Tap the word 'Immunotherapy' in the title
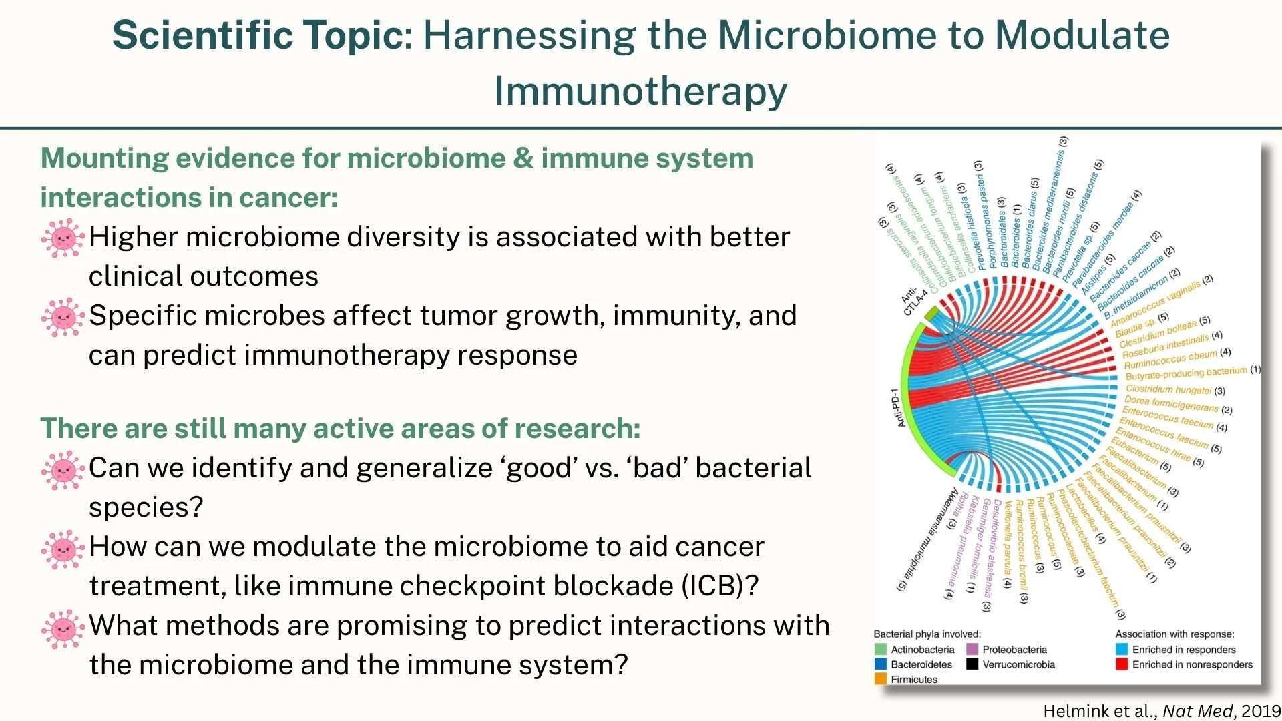pos(640,91)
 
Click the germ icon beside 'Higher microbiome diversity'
pos(63,238)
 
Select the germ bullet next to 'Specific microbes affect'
pos(63,317)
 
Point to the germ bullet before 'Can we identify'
pos(63,469)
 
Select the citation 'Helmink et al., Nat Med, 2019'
pos(1162,711)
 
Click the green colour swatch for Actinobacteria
pos(881,650)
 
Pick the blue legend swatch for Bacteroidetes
pos(881,664)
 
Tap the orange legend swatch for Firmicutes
pos(881,679)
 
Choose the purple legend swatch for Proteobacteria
pos(972,650)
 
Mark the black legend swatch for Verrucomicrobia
pos(972,664)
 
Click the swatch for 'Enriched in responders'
pos(1122,650)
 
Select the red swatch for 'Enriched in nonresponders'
pos(1122,664)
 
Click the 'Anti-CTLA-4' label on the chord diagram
pos(913,300)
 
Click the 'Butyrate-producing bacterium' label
pos(1186,373)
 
